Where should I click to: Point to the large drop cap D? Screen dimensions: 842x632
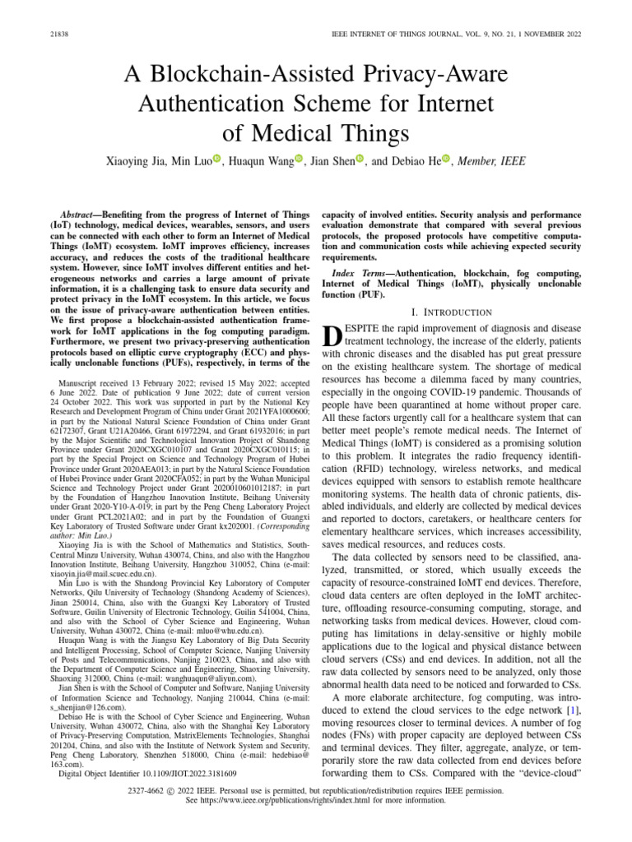(332, 338)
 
